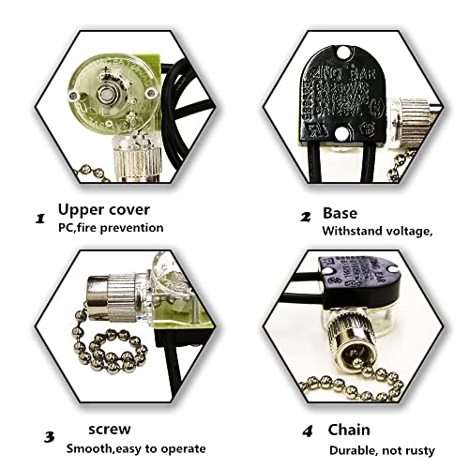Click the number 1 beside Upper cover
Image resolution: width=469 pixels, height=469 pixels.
coord(40,219)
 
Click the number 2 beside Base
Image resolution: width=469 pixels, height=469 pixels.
coord(305,216)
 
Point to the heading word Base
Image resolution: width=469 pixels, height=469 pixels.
coord(339,213)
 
